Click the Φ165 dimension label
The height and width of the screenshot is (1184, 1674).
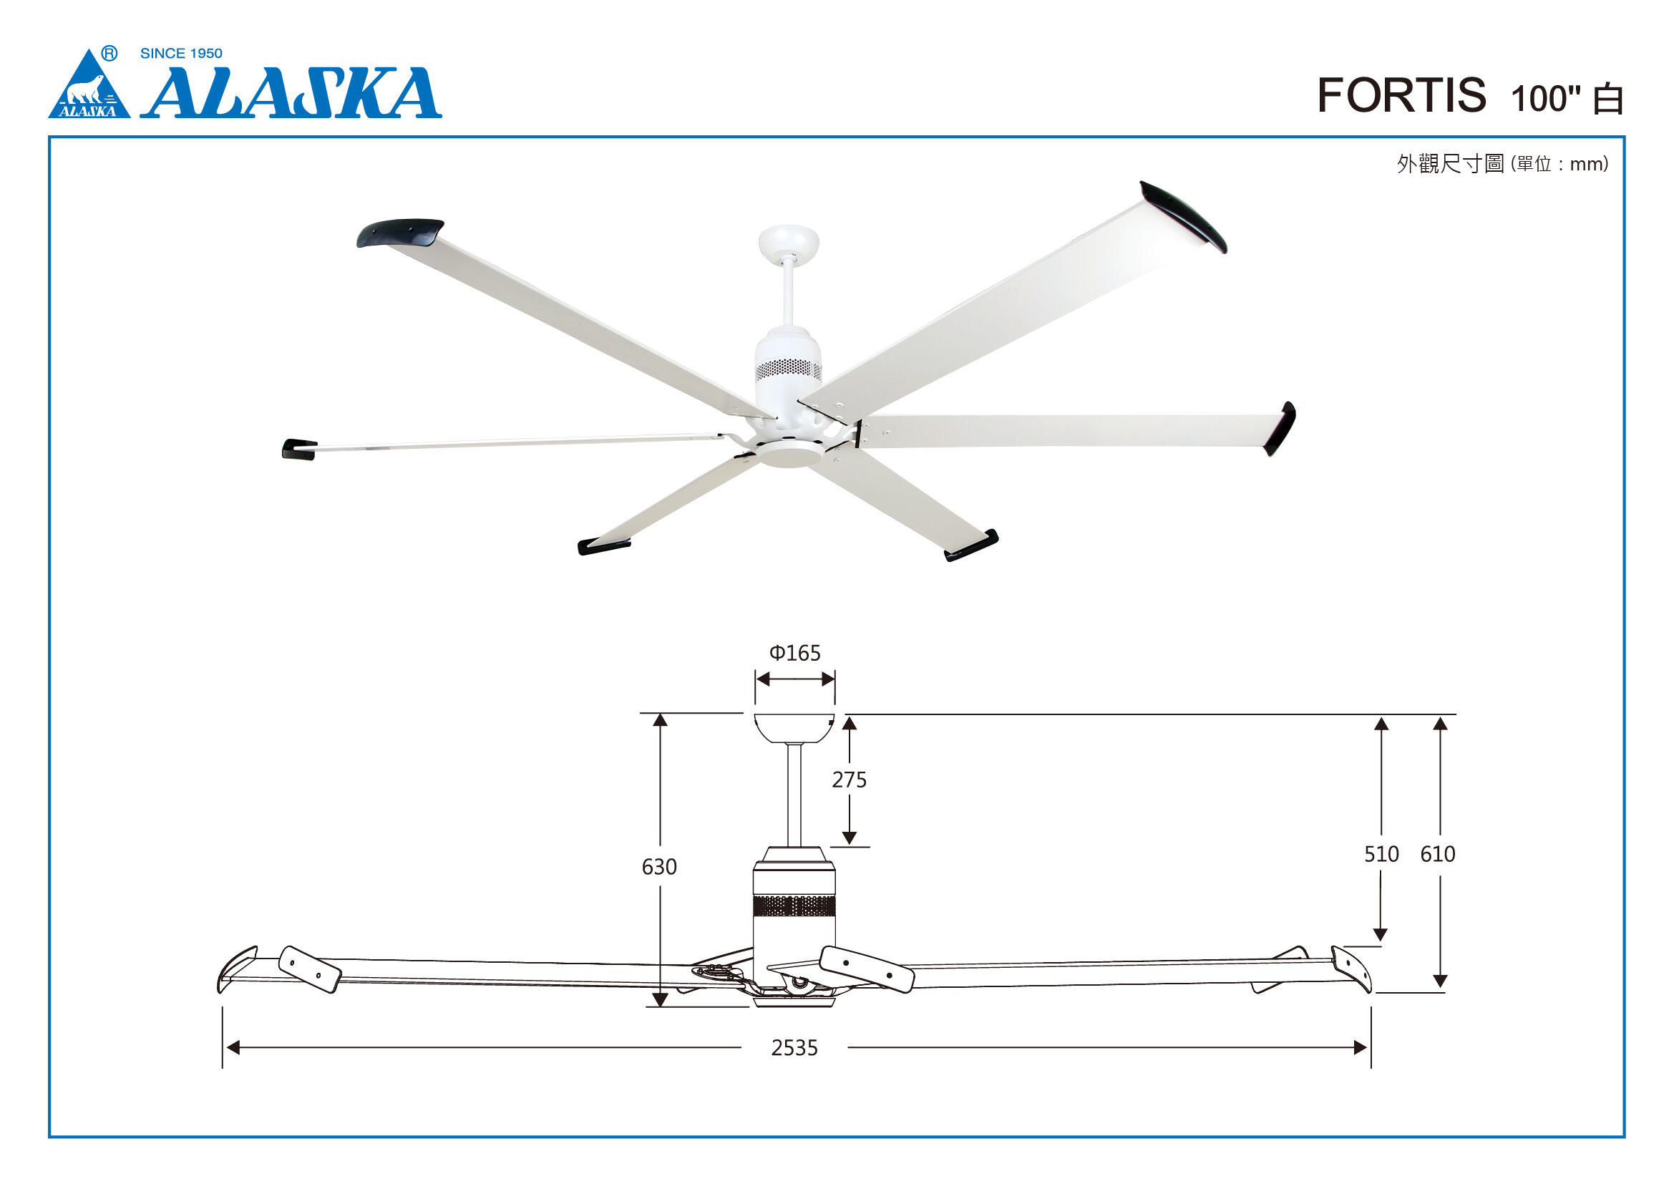pyautogui.click(x=794, y=653)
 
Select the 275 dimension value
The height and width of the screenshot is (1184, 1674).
pyautogui.click(x=850, y=780)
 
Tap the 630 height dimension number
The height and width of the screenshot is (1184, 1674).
pyautogui.click(x=659, y=867)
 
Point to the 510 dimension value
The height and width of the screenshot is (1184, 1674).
pyautogui.click(x=1381, y=854)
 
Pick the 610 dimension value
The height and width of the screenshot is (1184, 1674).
pyautogui.click(x=1438, y=854)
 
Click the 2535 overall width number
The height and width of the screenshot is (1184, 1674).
pyautogui.click(x=794, y=1049)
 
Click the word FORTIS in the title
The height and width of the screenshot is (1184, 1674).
pyautogui.click(x=1401, y=95)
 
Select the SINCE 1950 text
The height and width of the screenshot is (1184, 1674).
pyautogui.click(x=181, y=53)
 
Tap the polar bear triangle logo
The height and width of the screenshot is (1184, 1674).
pyautogui.click(x=89, y=84)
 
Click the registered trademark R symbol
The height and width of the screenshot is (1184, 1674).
pyautogui.click(x=110, y=53)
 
